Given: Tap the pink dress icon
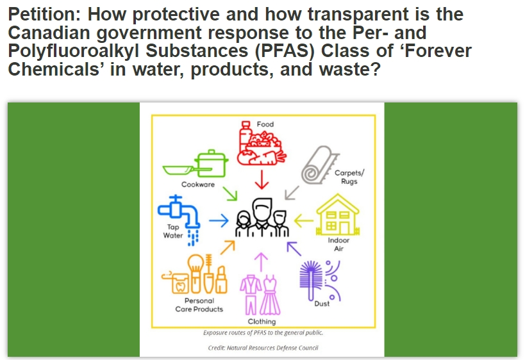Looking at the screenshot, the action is (270, 295).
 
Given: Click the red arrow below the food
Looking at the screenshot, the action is (262, 179).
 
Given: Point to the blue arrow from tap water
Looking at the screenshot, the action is (219, 220).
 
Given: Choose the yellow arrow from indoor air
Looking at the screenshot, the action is (304, 220).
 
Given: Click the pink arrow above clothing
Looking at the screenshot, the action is (261, 262).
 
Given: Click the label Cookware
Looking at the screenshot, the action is (198, 184).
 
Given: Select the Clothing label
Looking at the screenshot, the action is (262, 322).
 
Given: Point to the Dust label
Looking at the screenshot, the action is (322, 304).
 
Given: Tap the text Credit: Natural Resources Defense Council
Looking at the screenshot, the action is (263, 348).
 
